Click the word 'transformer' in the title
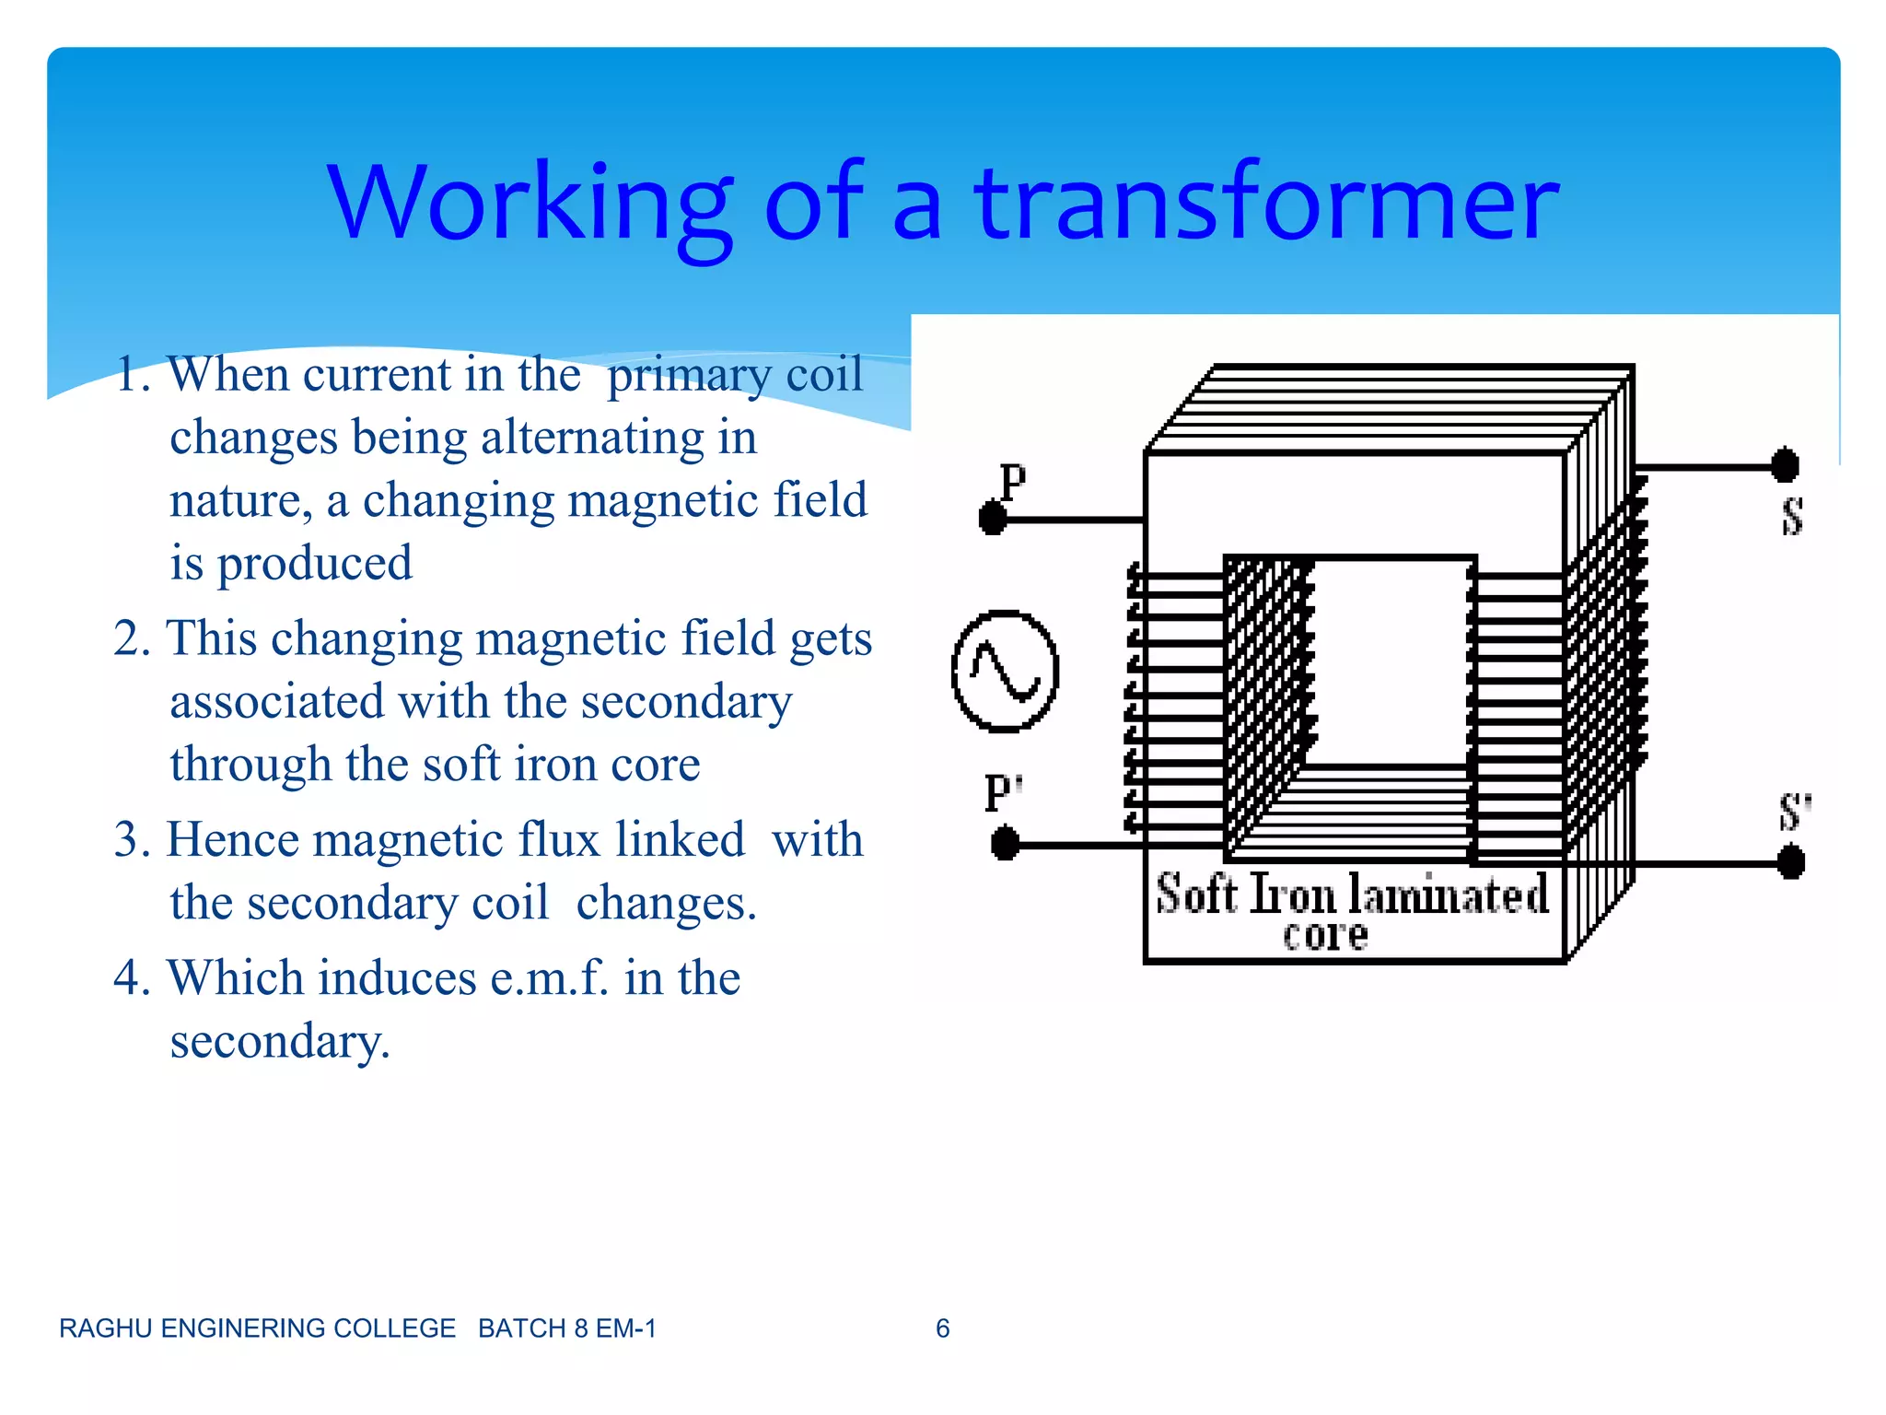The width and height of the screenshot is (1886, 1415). (1266, 203)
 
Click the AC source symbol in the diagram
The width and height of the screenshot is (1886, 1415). (1005, 672)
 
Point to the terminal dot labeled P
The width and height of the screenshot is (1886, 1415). (993, 518)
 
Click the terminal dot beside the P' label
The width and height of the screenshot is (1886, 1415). (1005, 843)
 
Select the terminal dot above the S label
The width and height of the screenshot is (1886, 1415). (1785, 465)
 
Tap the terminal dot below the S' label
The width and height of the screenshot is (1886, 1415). (1790, 863)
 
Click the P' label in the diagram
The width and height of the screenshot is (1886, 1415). (1003, 793)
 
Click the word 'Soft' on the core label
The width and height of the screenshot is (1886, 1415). (1196, 895)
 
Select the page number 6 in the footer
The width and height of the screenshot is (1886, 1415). (942, 1328)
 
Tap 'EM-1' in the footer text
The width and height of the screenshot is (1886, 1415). (625, 1328)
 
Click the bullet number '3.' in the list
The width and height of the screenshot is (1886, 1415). (133, 840)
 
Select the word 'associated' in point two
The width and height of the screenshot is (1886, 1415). (276, 702)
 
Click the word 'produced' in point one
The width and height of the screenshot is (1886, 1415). (314, 564)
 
